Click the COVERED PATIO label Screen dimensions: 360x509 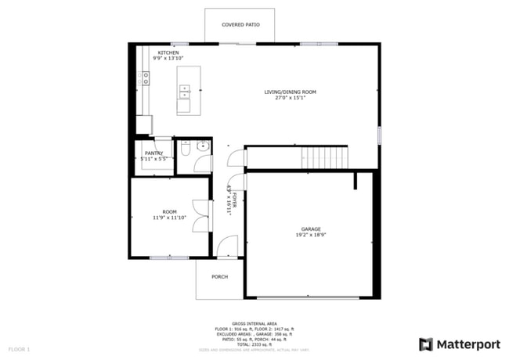240,25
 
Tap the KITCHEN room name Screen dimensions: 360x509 168,52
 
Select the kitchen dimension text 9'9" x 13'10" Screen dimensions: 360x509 168,59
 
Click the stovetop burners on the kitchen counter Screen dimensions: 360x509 145,78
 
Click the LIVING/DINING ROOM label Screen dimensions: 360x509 290,92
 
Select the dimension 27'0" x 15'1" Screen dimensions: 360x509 290,98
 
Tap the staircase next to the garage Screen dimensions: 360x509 324,157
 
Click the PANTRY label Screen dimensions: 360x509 153,153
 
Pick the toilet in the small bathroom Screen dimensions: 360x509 186,147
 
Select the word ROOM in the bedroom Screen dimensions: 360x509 169,212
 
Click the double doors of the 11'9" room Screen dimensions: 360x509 202,216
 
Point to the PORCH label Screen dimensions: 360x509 219,276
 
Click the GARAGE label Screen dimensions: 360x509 311,229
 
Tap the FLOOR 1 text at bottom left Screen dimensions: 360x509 19,348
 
